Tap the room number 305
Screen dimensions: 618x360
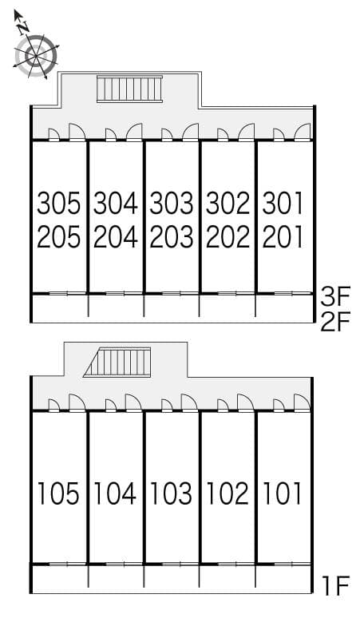coord(59,204)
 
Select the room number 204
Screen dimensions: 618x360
coord(115,237)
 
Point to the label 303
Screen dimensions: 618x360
coord(172,204)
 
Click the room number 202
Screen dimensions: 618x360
coord(227,237)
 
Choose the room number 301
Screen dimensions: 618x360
coord(283,204)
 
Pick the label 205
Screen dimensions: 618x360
coord(59,237)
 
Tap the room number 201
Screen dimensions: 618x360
coord(283,237)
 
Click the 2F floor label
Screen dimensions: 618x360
coord(334,323)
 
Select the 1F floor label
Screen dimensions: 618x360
coord(334,588)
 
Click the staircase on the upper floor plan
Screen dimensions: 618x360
coord(129,89)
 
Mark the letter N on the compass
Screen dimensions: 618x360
coord(24,26)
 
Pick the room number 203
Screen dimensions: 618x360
coord(172,237)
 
